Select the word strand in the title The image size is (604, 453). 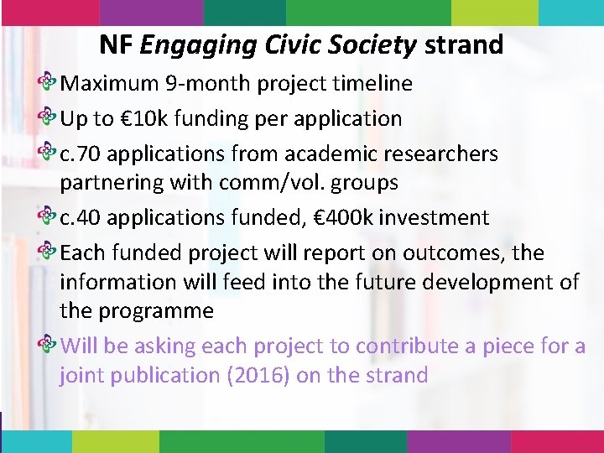(464, 44)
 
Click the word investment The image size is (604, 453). (434, 218)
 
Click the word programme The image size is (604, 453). (156, 311)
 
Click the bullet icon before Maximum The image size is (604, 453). (49, 84)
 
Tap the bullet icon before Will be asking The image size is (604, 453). (49, 346)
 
